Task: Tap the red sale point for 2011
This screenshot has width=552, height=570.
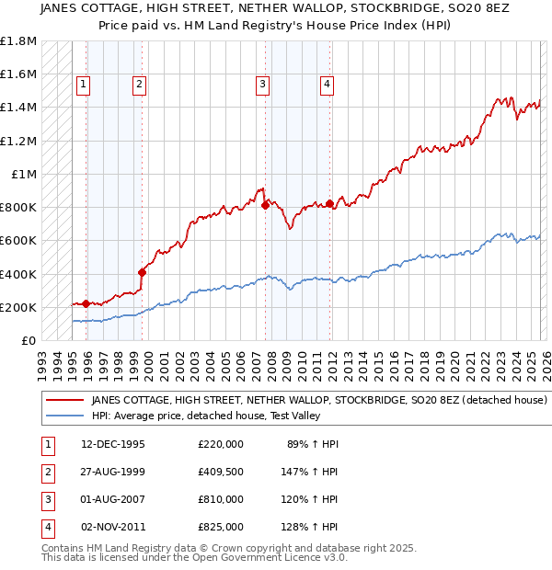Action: pyautogui.click(x=329, y=203)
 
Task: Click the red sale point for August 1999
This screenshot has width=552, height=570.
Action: pyautogui.click(x=142, y=272)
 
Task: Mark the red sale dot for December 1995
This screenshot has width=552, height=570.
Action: pyautogui.click(x=86, y=303)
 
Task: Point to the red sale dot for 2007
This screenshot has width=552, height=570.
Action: pyautogui.click(x=265, y=206)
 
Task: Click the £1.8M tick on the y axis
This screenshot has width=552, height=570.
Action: pyautogui.click(x=18, y=41)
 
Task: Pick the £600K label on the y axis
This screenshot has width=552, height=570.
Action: pyautogui.click(x=18, y=241)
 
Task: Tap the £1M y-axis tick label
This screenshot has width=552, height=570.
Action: pyautogui.click(x=22, y=174)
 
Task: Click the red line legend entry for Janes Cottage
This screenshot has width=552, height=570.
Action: pyautogui.click(x=320, y=401)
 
